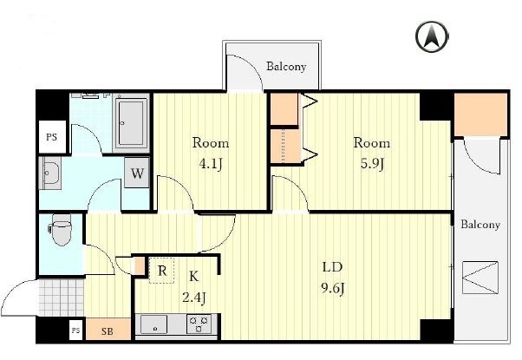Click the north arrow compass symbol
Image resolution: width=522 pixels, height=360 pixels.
pos(432,36)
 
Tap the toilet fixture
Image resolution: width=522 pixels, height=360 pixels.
pos(61,230)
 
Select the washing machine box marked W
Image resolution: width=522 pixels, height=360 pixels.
pos(137,173)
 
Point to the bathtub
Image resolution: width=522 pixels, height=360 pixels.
pos(131,123)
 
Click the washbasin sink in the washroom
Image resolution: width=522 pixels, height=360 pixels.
pos(50,173)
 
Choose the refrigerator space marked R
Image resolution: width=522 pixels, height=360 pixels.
pos(161,271)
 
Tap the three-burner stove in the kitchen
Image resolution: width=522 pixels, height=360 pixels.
pos(199,324)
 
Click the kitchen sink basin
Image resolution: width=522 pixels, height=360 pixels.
pos(153,324)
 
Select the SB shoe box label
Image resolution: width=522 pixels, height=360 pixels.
pos(107,331)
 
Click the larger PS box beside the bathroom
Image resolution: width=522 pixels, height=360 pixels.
pos(52,137)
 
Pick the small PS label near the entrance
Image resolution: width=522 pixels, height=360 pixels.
pos(76,331)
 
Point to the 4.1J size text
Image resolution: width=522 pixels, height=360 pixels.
pos(211,164)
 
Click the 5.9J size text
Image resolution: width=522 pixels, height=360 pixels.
pos(373,164)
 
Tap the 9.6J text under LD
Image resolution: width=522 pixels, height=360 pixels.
pos(333,288)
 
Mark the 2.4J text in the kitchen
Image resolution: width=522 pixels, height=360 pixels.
pos(193,297)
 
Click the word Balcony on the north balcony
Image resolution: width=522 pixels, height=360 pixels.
pos(286,66)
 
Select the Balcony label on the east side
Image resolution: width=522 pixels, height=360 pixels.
pos(480,225)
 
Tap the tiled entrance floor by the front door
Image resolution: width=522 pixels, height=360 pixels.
pos(62,298)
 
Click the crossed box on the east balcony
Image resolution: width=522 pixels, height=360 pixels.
pos(480,278)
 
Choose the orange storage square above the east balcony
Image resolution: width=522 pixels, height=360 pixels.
pos(480,115)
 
